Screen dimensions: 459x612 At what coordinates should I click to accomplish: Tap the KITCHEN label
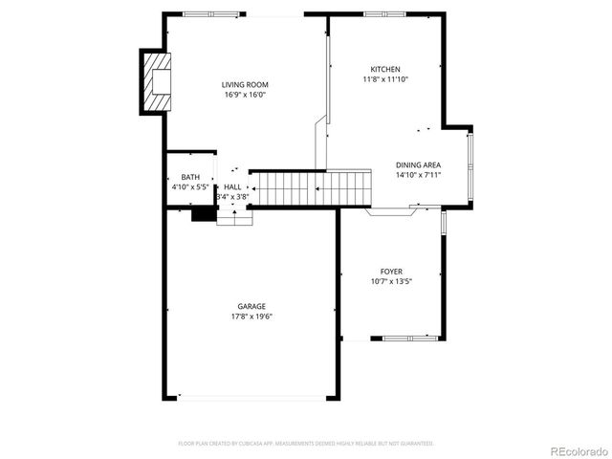tap(385, 69)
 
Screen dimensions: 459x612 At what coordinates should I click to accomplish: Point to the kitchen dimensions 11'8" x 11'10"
tap(385, 79)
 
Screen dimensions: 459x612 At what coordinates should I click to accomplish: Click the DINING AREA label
tap(418, 164)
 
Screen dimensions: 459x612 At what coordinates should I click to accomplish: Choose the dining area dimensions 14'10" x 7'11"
tap(418, 175)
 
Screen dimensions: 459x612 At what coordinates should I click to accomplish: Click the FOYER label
tap(392, 271)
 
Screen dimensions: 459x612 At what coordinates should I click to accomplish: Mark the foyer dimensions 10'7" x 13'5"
tap(392, 281)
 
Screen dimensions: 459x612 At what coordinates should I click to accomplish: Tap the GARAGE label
tap(251, 306)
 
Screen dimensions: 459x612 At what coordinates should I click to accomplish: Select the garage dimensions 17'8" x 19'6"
tap(251, 317)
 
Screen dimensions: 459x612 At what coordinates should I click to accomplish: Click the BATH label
tap(190, 177)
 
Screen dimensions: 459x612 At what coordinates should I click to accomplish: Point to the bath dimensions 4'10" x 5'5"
tap(190, 187)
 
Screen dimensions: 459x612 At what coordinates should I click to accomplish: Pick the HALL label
tap(232, 186)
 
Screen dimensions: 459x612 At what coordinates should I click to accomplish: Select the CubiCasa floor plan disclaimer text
tap(306, 443)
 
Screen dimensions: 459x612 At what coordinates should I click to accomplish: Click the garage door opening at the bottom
tap(251, 397)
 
